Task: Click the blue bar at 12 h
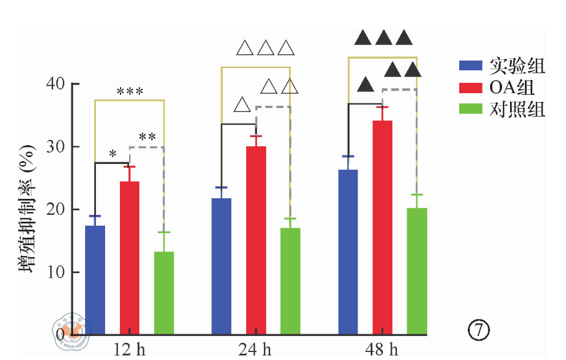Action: pos(95,280)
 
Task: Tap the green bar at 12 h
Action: pos(164,293)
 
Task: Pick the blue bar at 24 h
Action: pos(222,266)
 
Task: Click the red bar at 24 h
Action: pos(256,240)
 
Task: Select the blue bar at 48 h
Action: pos(348,252)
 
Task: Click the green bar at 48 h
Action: pos(417,271)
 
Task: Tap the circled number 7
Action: pos(479,330)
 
